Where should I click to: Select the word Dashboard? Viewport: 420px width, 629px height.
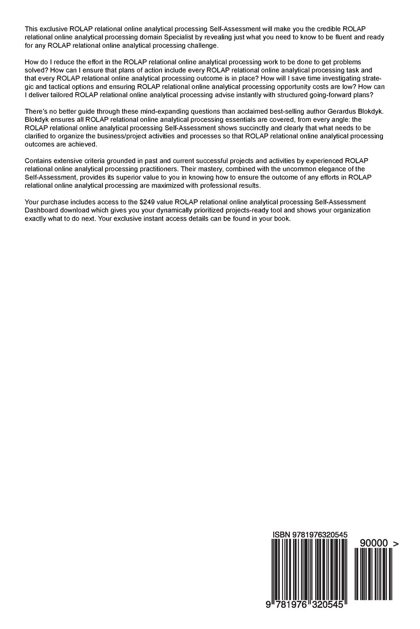[42, 210]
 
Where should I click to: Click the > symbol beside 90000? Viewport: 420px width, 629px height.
[395, 544]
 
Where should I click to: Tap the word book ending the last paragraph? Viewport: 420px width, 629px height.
[281, 219]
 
